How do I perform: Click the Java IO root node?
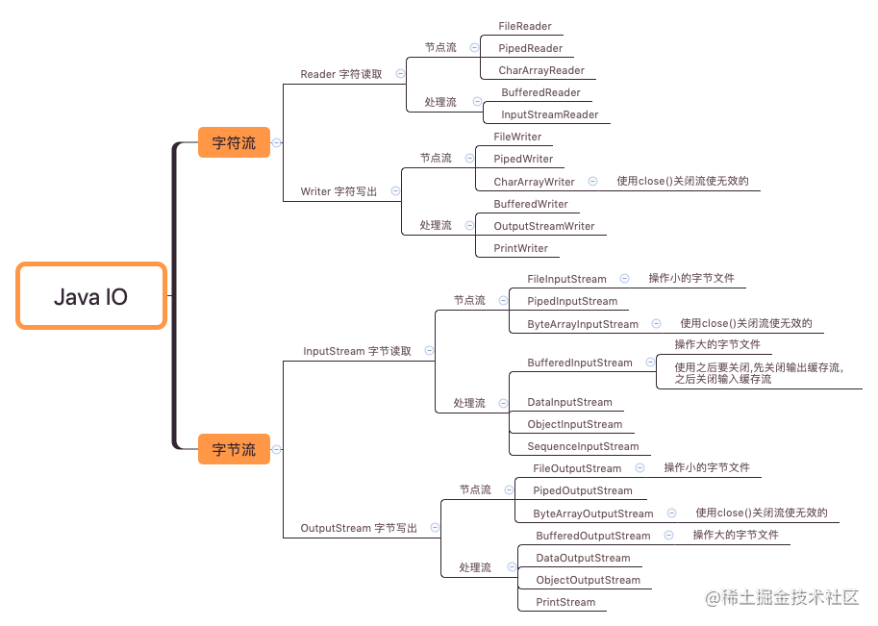pos(91,296)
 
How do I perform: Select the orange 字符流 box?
pos(234,143)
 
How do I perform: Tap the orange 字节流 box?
pos(234,449)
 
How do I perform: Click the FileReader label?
pos(525,26)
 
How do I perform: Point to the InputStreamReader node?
pos(549,114)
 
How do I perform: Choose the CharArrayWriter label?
pos(534,182)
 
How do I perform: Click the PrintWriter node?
pos(520,248)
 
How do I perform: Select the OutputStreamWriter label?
pos(543,226)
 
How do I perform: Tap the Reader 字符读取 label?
pos(340,74)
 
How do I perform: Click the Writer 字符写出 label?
pos(339,191)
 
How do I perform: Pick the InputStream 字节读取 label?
pos(357,351)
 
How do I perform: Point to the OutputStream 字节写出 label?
pos(359,528)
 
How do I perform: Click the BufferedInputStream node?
pos(579,363)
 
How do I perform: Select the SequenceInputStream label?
pos(583,446)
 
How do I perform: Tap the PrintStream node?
pos(565,602)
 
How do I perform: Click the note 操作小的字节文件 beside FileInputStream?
pos(690,278)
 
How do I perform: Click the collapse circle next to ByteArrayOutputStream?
pos(671,513)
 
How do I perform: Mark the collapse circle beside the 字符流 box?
pos(277,143)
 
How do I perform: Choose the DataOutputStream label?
pos(583,558)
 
